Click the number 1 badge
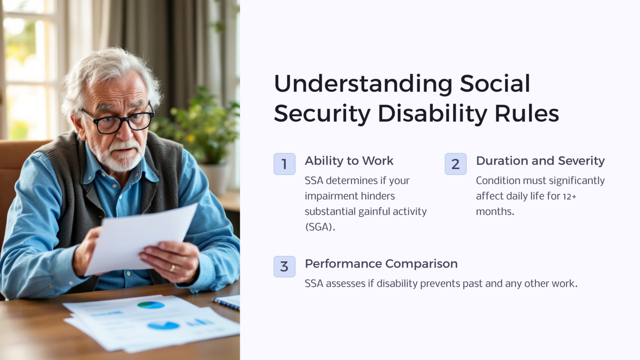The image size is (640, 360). click(x=284, y=164)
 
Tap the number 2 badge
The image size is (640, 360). click(x=455, y=164)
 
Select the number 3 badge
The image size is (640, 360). click(x=284, y=267)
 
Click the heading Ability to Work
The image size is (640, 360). click(x=349, y=161)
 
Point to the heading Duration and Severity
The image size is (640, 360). click(x=540, y=161)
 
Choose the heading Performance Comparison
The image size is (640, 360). click(x=381, y=264)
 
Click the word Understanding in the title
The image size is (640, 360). click(x=363, y=84)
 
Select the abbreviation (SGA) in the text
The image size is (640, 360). click(x=320, y=227)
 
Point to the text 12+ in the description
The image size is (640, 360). click(x=569, y=196)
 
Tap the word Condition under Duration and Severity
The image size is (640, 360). click(x=498, y=181)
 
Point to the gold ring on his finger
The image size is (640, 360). click(x=172, y=268)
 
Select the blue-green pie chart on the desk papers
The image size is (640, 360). click(x=151, y=305)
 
